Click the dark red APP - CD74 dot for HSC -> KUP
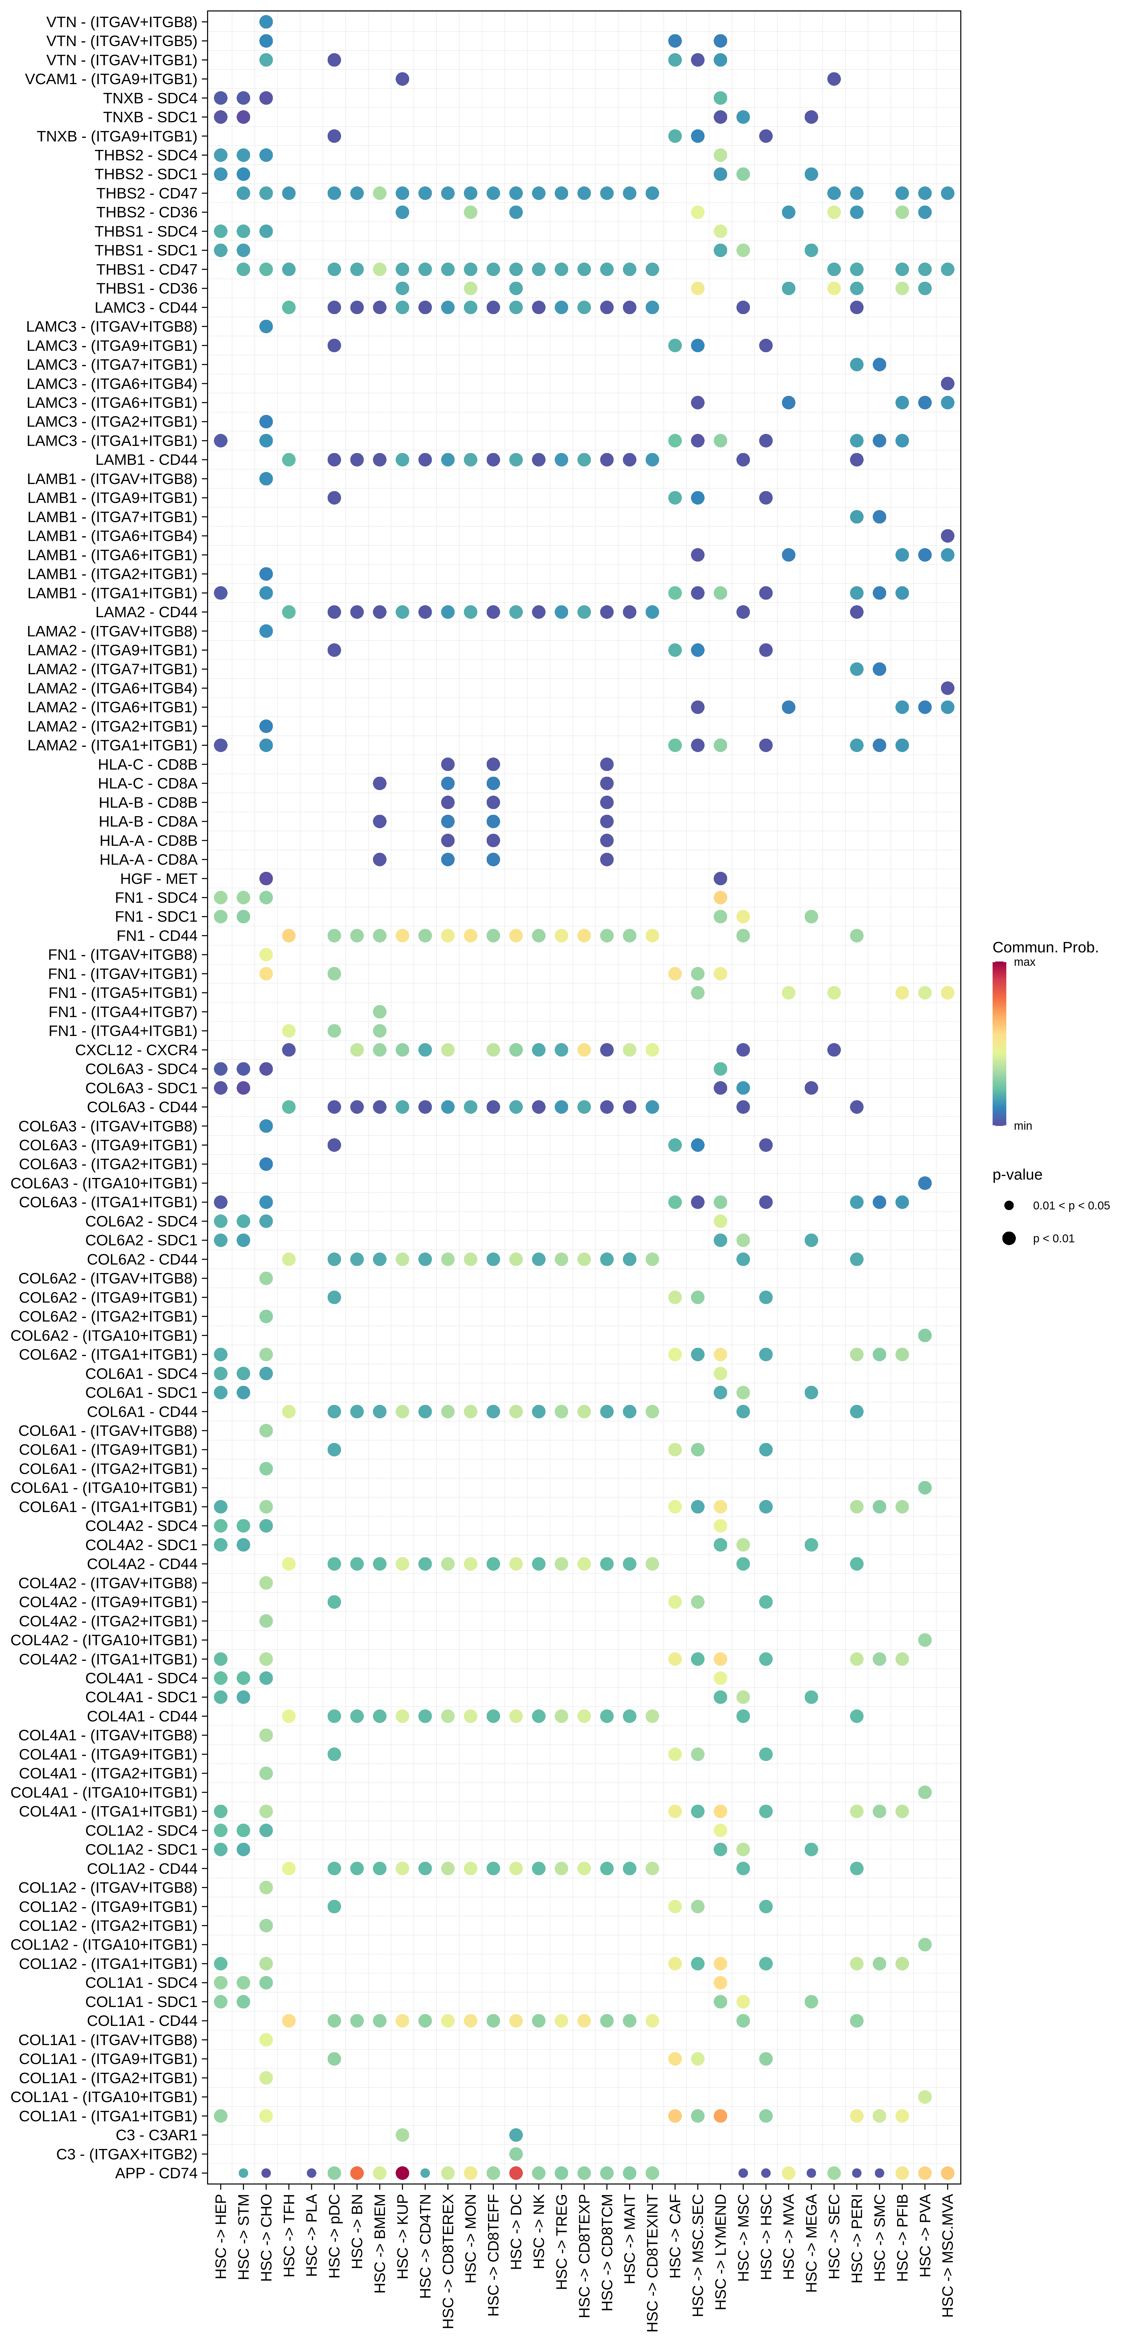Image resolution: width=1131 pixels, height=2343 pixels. (402, 2173)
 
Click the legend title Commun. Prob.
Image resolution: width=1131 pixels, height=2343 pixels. (1045, 947)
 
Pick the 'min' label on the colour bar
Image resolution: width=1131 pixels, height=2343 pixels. (1023, 1126)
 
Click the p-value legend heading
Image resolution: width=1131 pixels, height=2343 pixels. (1016, 1174)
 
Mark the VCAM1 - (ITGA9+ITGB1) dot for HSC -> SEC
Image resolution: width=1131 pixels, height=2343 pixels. (834, 79)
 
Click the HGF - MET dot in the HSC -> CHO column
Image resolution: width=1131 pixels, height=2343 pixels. (266, 879)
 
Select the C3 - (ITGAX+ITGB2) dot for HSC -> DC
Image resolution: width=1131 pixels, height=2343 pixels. (516, 2154)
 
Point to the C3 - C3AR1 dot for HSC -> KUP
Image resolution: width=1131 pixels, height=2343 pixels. (402, 2135)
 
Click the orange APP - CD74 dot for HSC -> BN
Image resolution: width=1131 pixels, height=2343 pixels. (357, 2173)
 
